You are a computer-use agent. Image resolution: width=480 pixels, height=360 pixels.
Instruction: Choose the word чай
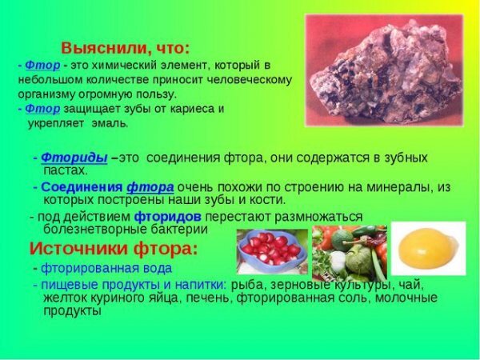(x=404, y=284)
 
